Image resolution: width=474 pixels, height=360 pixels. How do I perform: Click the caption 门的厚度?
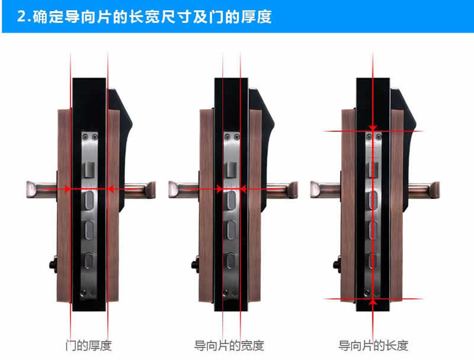click(89, 345)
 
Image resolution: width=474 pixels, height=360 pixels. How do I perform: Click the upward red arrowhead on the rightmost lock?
click(373, 301)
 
